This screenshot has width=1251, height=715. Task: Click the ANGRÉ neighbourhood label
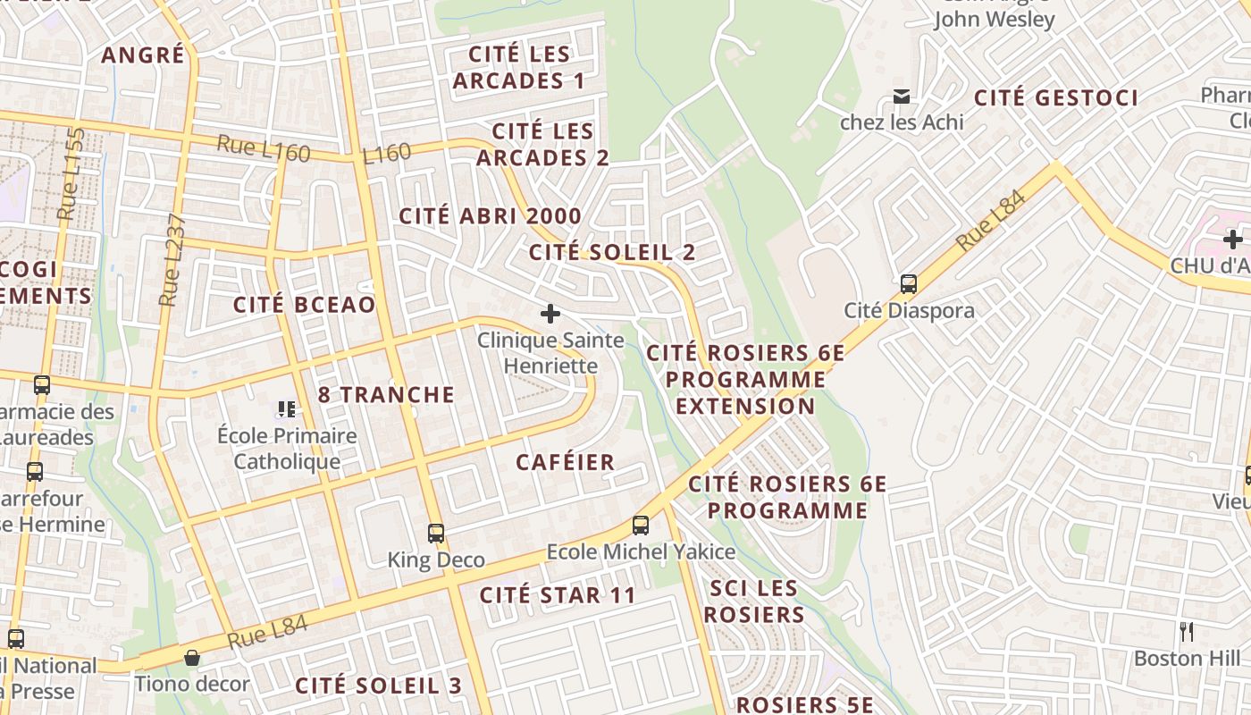143,55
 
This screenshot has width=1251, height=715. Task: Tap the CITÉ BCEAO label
305,305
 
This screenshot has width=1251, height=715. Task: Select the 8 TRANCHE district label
386,395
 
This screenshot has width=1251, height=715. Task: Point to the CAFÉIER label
566,463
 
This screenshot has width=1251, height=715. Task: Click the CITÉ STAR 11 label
558,595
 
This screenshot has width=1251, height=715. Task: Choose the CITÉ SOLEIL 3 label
379,686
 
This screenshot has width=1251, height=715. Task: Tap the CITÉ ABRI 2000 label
490,216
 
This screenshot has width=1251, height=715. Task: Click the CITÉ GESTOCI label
1056,98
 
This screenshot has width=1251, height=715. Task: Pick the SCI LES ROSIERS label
753,601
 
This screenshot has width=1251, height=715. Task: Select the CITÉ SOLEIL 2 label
612,253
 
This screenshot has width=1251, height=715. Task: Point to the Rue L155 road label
71,175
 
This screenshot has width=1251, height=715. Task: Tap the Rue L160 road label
264,148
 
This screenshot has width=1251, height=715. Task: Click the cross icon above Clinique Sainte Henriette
550,314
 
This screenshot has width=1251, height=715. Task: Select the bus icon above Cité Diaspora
909,284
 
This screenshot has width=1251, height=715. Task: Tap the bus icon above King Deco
436,534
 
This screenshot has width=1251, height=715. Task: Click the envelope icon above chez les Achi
902,97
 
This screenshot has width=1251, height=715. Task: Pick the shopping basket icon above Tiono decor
192,659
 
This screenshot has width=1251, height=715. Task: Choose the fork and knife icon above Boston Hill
1187,632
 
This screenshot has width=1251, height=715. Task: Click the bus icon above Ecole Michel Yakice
641,526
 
